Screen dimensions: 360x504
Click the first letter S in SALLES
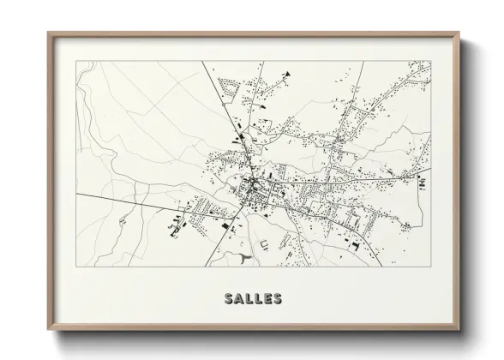click(x=228, y=300)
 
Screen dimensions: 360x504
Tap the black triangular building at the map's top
click(x=288, y=74)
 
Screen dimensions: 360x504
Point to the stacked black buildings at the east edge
click(x=422, y=183)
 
